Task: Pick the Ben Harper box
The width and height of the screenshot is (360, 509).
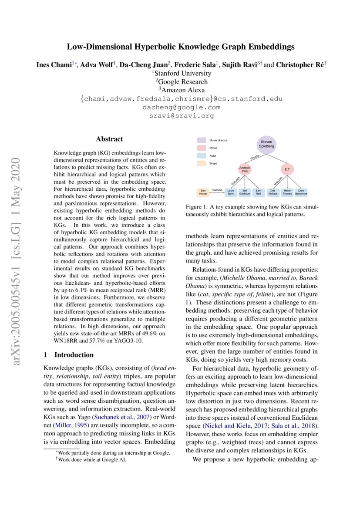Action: point(203,192)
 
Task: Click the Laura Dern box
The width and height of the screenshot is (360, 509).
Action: point(231,192)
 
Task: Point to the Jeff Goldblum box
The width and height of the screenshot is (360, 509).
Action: point(245,192)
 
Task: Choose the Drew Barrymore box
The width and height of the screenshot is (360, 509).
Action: point(301,192)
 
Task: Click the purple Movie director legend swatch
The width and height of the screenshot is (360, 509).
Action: point(201,140)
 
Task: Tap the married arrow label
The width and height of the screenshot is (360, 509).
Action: point(216,190)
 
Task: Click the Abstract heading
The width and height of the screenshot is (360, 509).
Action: point(109,139)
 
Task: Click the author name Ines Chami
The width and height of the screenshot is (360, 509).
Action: point(54,64)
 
